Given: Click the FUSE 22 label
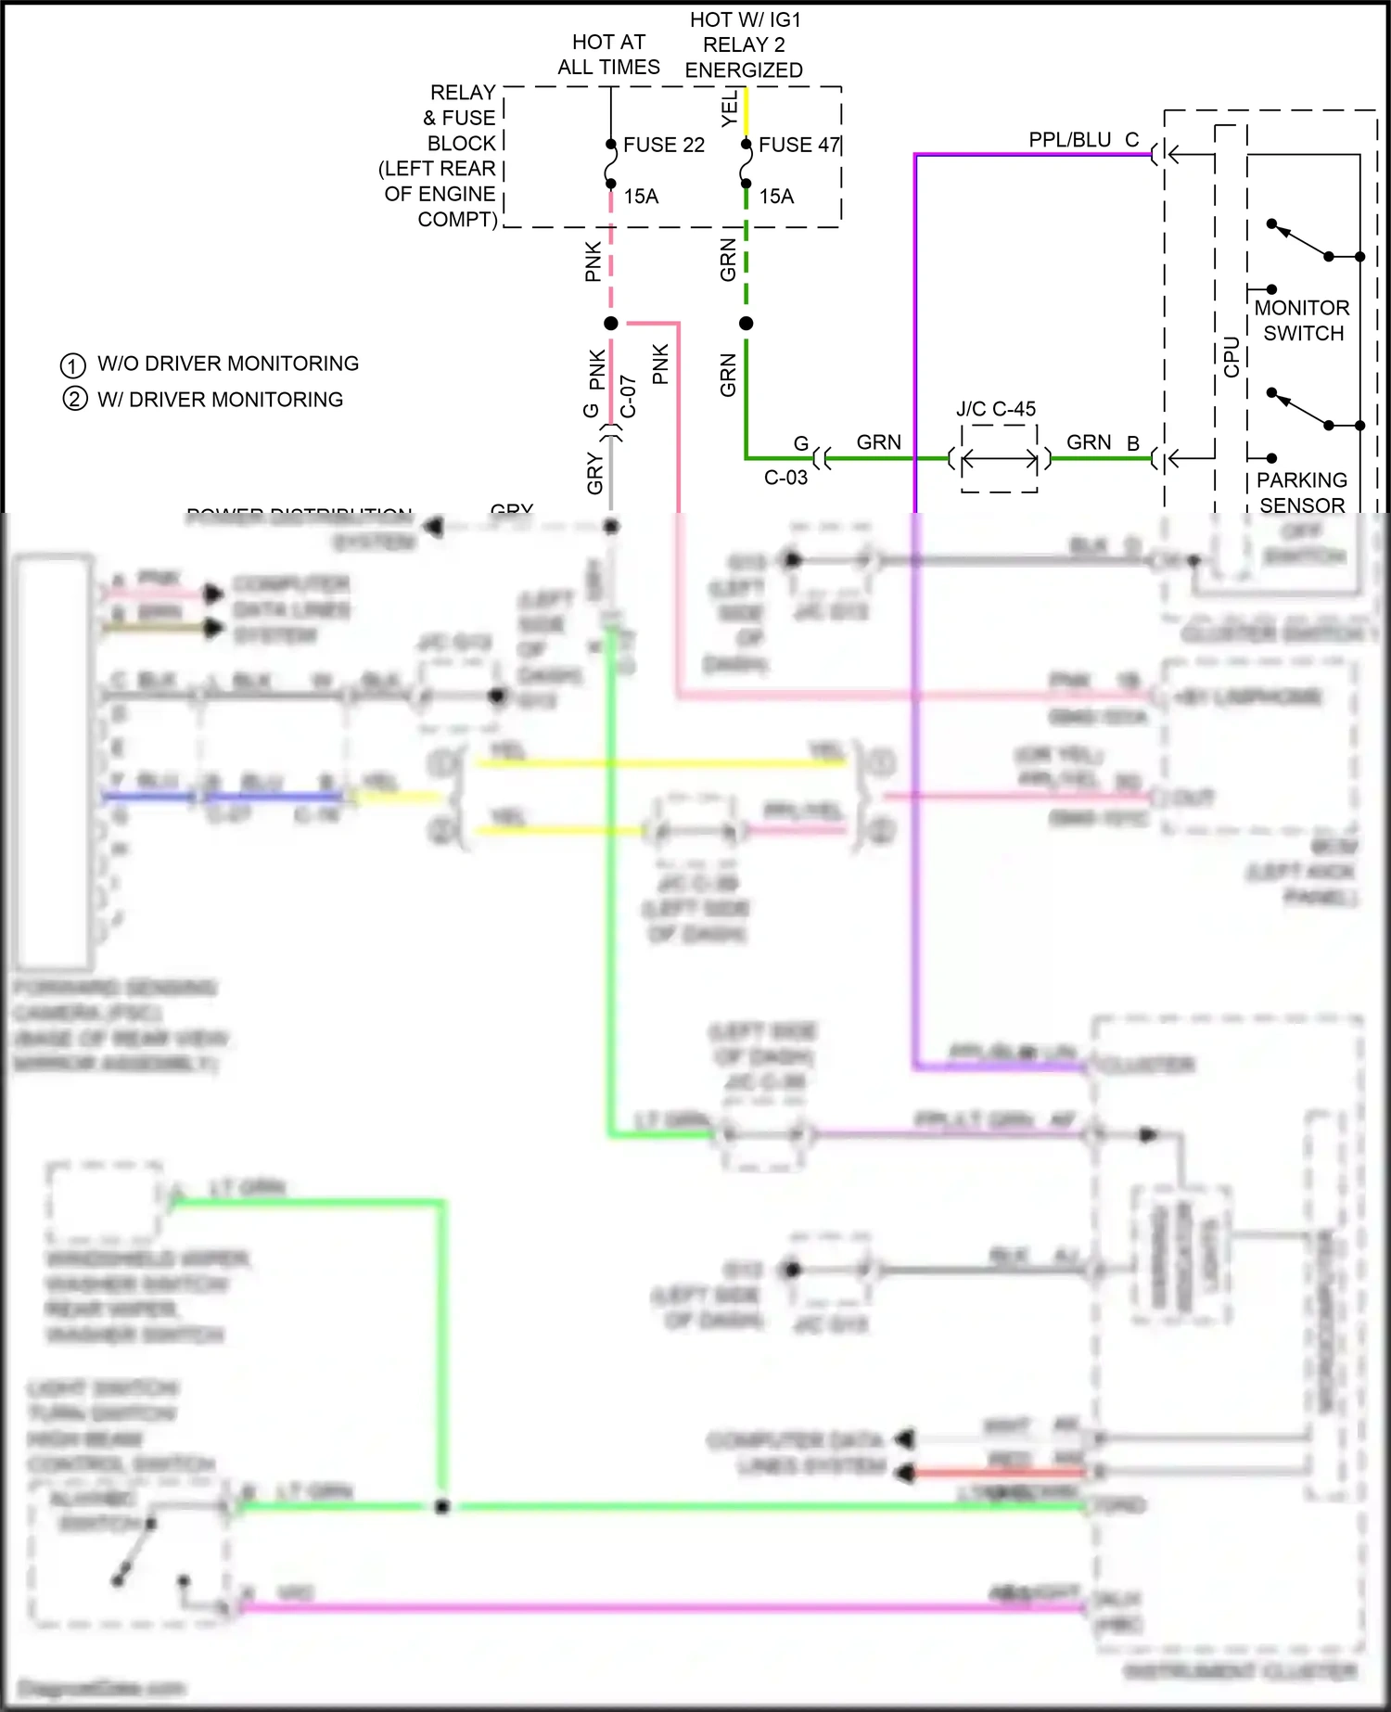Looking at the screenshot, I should (x=663, y=145).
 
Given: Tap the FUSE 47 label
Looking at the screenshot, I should (x=798, y=145).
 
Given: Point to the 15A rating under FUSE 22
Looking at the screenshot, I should (x=641, y=197).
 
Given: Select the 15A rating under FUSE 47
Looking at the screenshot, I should (x=776, y=197).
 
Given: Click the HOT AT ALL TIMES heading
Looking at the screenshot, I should (x=608, y=55).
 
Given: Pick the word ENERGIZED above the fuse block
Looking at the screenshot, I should (x=744, y=70).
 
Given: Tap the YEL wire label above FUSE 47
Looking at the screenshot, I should (x=730, y=108).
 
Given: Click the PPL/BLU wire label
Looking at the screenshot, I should (x=1069, y=140).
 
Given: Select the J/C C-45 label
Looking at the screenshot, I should (x=996, y=409).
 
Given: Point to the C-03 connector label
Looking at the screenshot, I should (x=785, y=478).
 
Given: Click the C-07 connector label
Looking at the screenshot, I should (x=628, y=396).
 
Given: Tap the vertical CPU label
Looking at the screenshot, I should (x=1231, y=357).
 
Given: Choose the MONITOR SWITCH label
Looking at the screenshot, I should (x=1302, y=321).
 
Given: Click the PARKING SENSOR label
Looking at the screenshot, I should (x=1302, y=492).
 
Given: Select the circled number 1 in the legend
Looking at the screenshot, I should (x=72, y=364).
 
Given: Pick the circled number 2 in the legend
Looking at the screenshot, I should (x=74, y=400).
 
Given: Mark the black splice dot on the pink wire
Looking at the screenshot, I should (x=611, y=324).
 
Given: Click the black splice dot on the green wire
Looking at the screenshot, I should (x=747, y=324).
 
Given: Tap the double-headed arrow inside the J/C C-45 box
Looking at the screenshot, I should (x=1000, y=458).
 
